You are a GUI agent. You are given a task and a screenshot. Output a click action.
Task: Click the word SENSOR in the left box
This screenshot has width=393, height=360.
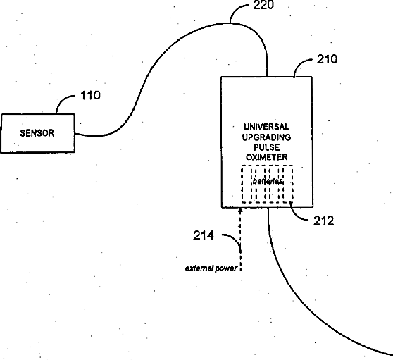(x=37, y=133)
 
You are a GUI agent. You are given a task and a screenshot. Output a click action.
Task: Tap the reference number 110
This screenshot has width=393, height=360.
(x=90, y=95)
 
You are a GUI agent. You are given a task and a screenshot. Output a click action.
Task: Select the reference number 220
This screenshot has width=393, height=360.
(x=263, y=5)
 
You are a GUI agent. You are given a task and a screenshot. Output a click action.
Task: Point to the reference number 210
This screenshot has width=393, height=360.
(x=327, y=59)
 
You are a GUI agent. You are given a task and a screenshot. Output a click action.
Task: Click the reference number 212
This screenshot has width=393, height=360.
(x=323, y=221)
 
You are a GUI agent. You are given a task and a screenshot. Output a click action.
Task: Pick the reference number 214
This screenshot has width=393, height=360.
(x=204, y=235)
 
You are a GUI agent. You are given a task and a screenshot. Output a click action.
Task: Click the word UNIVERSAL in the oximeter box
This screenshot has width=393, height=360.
(x=266, y=127)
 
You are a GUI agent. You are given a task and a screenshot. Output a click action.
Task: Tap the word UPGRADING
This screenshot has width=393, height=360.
(x=266, y=137)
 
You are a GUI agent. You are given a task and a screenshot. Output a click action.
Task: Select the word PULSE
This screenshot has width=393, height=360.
(x=266, y=147)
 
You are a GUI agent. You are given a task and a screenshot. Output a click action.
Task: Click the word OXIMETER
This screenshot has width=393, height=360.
(x=266, y=157)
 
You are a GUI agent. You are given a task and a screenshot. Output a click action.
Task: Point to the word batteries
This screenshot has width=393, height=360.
(x=268, y=181)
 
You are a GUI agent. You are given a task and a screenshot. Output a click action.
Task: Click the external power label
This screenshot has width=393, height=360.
(x=211, y=268)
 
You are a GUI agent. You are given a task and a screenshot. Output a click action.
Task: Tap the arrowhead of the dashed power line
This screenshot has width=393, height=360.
(x=240, y=210)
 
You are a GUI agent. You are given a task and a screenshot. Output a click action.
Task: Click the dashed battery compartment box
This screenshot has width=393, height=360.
(x=242, y=184)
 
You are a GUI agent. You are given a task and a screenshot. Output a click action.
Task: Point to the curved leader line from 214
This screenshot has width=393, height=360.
(x=236, y=240)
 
